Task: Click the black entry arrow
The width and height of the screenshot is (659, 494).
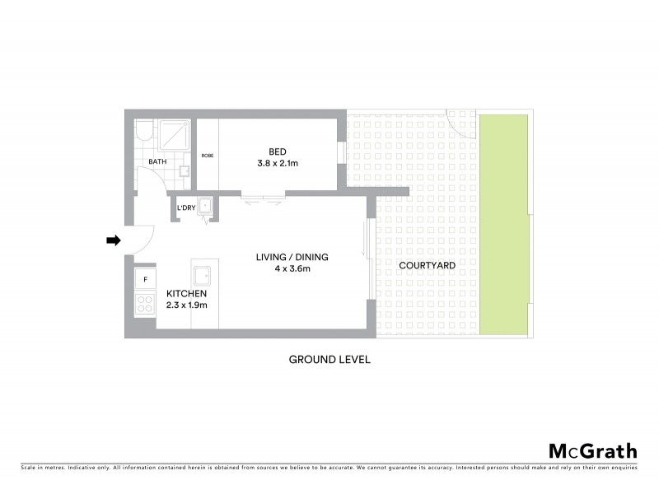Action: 114,240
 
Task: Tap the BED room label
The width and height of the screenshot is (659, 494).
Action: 278,151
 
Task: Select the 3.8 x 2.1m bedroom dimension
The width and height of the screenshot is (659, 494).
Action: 278,163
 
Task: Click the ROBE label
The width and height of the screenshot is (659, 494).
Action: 207,155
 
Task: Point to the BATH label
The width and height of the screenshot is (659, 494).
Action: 158,161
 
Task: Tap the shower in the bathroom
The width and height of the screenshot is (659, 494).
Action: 175,134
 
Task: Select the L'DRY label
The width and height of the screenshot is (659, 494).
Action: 186,207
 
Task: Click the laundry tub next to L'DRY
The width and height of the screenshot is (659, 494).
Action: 203,207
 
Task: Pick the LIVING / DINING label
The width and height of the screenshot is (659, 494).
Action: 292,257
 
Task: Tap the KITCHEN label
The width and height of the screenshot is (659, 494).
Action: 186,293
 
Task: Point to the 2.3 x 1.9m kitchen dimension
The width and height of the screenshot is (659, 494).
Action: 186,305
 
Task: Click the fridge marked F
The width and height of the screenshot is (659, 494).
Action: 145,279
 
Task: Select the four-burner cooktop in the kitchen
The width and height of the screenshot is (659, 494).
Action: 144,304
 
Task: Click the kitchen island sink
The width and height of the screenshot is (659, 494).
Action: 203,276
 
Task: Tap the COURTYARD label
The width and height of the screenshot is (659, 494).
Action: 427,265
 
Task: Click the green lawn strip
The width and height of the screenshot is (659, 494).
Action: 503,224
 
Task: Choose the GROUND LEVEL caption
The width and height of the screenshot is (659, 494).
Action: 329,360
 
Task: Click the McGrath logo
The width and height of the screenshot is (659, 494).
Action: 593,450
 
